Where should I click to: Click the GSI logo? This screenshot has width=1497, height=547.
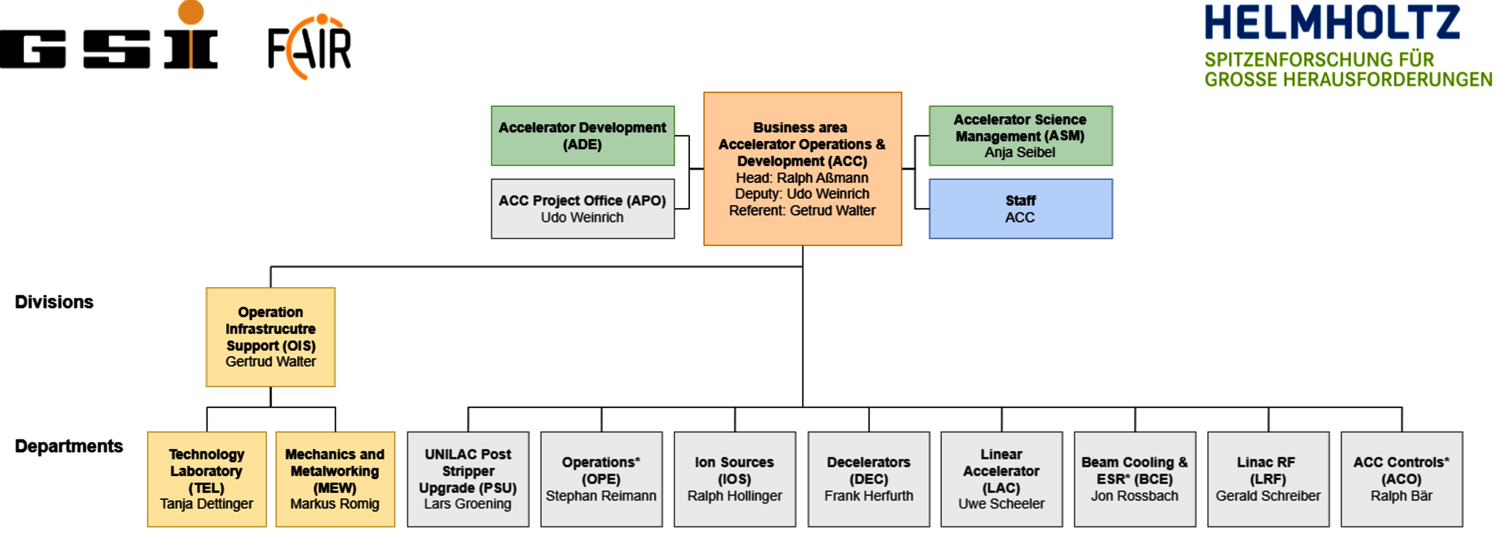coord(109,35)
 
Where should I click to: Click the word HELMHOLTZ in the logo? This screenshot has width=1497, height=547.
coord(1332,22)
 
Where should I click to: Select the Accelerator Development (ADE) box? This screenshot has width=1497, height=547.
coord(582,136)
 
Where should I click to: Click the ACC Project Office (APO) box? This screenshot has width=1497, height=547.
coord(582,209)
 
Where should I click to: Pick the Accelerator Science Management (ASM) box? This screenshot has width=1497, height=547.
coord(1020,136)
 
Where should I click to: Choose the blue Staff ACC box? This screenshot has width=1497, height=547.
coord(1020,209)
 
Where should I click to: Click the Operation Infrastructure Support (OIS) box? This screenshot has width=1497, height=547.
coord(271,337)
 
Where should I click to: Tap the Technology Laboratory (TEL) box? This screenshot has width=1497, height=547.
coord(207,479)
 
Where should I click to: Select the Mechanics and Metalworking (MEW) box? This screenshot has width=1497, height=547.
coord(335,479)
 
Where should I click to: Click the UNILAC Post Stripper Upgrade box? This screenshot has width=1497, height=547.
coord(468,479)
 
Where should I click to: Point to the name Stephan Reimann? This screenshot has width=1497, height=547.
coord(601,496)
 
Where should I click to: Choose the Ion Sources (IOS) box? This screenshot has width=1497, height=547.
coord(734,479)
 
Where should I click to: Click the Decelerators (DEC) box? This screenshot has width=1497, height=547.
coord(868,479)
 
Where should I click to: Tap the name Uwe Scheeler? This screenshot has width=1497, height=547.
coord(1001,504)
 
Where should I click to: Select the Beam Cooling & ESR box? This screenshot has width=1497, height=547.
coord(1134,479)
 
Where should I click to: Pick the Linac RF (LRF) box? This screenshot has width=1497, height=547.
coord(1268,479)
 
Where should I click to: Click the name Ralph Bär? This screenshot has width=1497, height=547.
coord(1401,496)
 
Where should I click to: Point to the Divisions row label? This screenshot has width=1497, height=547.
coord(54,302)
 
